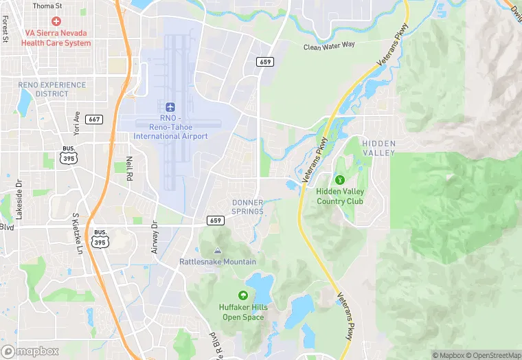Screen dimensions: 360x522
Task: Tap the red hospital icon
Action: pyautogui.click(x=56, y=22)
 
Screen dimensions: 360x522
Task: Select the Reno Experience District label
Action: pyautogui.click(x=52, y=89)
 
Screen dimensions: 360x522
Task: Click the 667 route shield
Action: pyautogui.click(x=95, y=120)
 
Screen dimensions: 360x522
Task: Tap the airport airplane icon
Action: pyautogui.click(x=170, y=106)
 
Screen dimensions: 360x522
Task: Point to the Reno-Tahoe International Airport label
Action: pyautogui.click(x=170, y=127)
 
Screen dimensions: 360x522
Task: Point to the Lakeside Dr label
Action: pyautogui.click(x=19, y=200)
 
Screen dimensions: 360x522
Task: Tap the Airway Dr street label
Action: pyautogui.click(x=155, y=238)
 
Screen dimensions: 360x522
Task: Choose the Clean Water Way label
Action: pyautogui.click(x=330, y=45)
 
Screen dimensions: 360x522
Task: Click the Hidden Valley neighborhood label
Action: pyautogui.click(x=379, y=148)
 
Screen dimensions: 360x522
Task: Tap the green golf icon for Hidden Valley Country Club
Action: pyautogui.click(x=339, y=180)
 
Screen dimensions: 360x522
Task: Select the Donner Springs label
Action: pyautogui.click(x=247, y=207)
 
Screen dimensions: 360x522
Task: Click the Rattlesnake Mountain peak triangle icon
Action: pyautogui.click(x=218, y=251)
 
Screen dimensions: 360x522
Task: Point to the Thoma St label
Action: pyautogui.click(x=47, y=5)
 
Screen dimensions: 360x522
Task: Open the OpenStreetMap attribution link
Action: pyautogui.click(x=493, y=355)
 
